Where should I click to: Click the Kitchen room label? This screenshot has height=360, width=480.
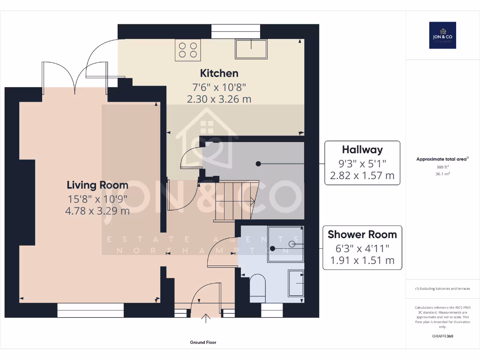click(x=219, y=73)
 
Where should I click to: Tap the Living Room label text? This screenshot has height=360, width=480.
click(x=97, y=184)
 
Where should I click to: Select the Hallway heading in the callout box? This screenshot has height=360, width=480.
click(x=362, y=150)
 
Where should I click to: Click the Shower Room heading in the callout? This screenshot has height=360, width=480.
click(x=362, y=234)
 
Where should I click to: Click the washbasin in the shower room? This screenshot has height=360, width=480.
click(x=295, y=283)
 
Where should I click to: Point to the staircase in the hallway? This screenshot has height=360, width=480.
click(x=234, y=200)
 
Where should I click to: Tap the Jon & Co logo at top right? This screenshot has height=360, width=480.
click(x=442, y=35)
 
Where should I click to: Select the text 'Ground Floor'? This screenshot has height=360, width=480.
click(x=203, y=343)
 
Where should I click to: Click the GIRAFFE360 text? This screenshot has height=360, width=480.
click(x=442, y=336)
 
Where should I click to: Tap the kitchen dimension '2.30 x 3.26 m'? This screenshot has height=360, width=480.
click(x=219, y=99)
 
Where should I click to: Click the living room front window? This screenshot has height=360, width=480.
click(x=90, y=310)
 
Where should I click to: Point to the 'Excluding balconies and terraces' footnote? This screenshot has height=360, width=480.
click(x=442, y=288)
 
